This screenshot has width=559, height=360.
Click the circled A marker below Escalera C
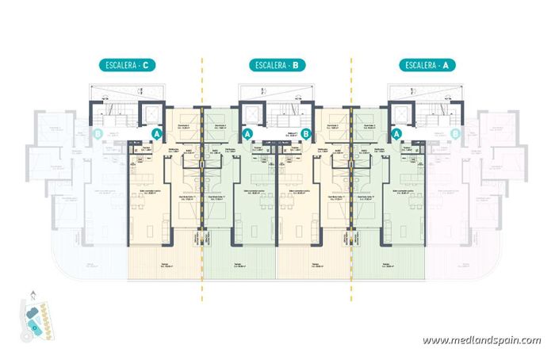click(x=156, y=135)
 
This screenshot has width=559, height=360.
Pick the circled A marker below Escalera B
click(x=247, y=135)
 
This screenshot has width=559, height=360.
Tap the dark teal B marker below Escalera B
click(x=305, y=135)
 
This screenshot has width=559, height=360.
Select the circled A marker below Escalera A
click(x=396, y=135)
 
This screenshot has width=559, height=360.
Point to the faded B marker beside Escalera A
click(x=454, y=135)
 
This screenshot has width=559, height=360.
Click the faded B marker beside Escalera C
click(x=98, y=135)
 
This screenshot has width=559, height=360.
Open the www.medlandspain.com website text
click(x=482, y=340)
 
